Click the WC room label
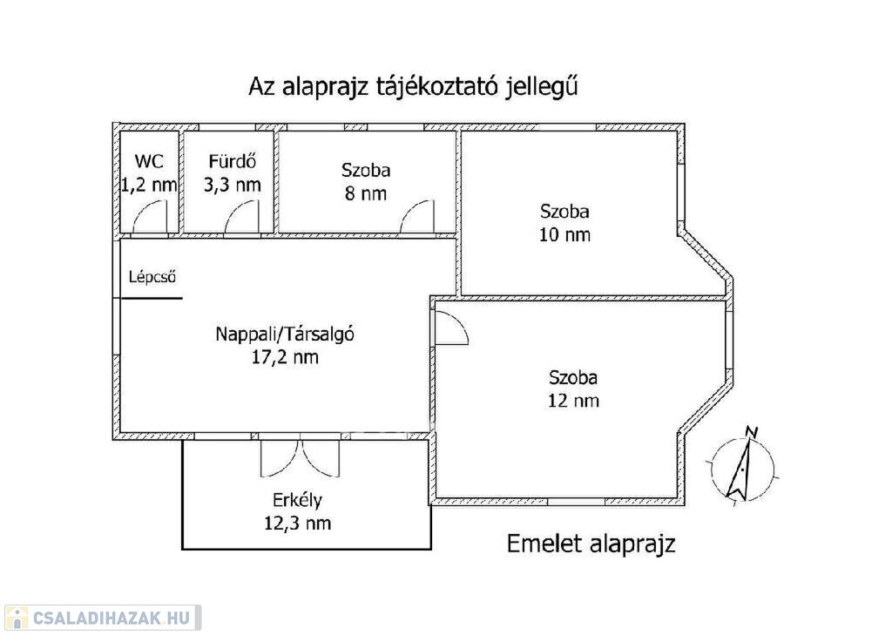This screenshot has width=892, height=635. (149, 161)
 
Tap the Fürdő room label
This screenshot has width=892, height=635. (232, 161)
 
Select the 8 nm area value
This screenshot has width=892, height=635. (365, 193)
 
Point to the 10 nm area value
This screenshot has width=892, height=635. (564, 234)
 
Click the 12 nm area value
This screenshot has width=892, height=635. (573, 401)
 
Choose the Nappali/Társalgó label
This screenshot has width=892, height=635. (285, 334)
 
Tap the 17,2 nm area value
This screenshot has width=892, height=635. (285, 357)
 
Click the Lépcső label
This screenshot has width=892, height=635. (152, 277)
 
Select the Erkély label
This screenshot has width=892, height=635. (297, 500)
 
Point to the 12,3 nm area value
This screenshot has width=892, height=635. (297, 523)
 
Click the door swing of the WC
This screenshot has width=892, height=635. (150, 217)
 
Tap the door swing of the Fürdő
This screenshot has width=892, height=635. (241, 217)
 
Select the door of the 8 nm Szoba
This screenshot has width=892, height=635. (417, 217)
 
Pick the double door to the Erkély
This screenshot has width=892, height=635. (300, 457)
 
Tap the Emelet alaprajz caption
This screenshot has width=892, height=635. (591, 544)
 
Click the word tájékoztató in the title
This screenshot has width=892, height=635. (437, 87)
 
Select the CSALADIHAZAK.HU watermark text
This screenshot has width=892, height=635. (111, 618)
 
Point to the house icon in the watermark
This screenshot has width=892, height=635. (17, 618)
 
